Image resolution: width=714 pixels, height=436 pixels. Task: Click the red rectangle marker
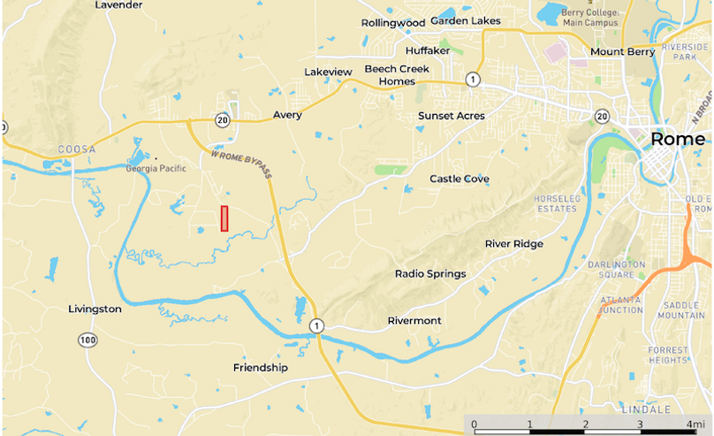[x=224, y=218]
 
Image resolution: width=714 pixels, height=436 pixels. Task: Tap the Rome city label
[x=678, y=140]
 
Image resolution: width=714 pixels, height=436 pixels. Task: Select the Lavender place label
[x=118, y=5]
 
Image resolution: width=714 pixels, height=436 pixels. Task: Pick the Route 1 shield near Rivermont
[x=315, y=327]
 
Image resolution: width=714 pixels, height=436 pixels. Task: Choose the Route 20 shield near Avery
[x=221, y=120]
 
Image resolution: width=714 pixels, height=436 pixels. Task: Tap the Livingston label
[x=95, y=309]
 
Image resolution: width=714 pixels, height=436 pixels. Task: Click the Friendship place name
[x=261, y=367]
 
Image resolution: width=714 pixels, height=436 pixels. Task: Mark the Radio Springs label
[x=430, y=273]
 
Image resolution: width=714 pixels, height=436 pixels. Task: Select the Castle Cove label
[x=460, y=179]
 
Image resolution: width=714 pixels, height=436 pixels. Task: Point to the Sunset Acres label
[x=452, y=116]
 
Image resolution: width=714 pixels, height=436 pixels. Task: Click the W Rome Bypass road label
[x=241, y=164]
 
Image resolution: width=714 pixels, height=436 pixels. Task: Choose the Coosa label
[x=75, y=149]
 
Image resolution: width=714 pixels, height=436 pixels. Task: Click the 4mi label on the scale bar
[x=695, y=425]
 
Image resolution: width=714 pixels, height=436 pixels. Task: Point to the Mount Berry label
[x=623, y=51]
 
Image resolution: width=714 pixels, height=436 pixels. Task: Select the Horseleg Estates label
[x=557, y=203]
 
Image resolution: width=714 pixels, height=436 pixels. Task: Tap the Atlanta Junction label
[x=622, y=304]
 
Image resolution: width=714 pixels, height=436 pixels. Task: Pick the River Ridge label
[x=514, y=244]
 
